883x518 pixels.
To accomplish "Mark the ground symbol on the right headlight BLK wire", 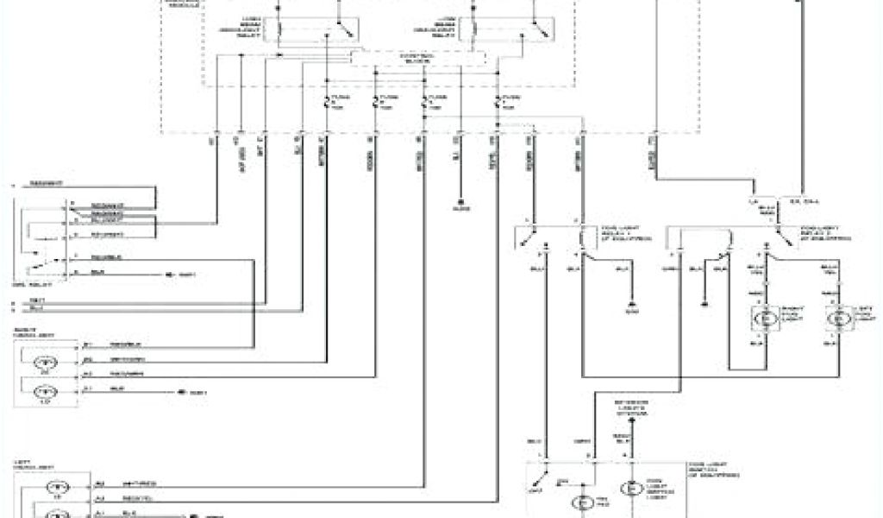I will click(x=180, y=392).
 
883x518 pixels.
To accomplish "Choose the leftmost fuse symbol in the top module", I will click(x=327, y=103).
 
